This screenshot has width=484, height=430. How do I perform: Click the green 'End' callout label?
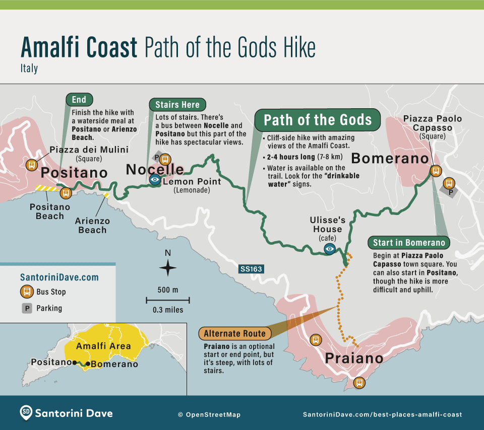[79, 99]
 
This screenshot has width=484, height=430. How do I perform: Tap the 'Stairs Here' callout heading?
[177, 105]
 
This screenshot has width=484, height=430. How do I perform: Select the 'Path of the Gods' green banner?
[318, 120]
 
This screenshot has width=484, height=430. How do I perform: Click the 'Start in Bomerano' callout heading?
[409, 243]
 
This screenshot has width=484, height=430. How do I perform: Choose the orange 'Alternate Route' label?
[235, 333]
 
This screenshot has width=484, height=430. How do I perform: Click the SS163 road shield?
[252, 269]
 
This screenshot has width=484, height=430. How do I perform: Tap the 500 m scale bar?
[168, 300]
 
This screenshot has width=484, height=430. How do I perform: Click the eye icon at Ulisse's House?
[330, 248]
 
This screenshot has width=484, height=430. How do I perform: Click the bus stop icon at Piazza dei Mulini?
[31, 165]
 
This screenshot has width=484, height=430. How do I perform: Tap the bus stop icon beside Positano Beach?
[65, 193]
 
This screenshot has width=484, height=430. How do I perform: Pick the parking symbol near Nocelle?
[157, 158]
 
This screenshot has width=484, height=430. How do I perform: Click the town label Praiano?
[354, 359]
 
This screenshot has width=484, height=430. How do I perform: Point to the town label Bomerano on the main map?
[390, 158]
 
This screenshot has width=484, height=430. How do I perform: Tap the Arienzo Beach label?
[92, 225]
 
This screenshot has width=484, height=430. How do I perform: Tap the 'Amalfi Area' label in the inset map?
[103, 346]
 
